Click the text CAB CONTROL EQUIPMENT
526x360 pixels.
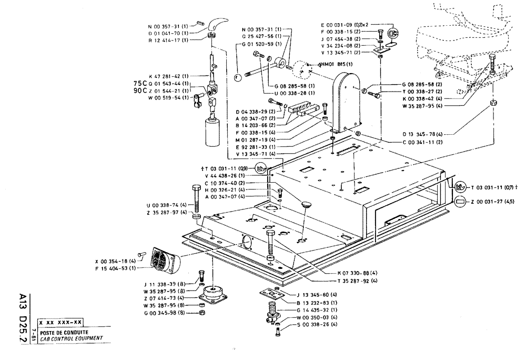(x=70, y=337)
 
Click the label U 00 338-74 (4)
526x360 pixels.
(x=166, y=205)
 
